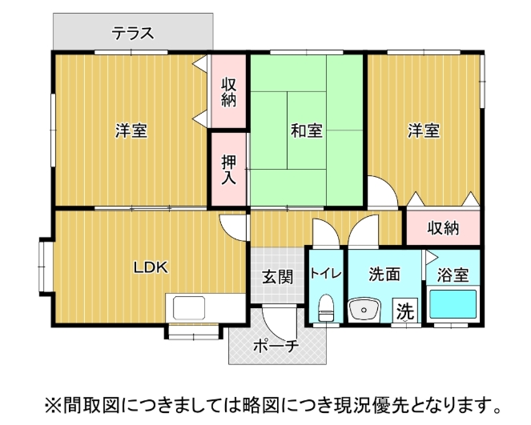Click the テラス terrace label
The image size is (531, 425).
(x=133, y=34)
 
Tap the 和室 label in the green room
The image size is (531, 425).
(x=307, y=130)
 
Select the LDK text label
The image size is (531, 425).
(x=151, y=267)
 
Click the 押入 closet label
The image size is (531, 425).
(x=229, y=170)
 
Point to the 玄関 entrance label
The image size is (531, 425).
(x=277, y=277)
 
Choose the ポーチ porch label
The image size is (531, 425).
(x=276, y=347)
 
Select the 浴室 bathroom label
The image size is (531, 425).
(x=453, y=275)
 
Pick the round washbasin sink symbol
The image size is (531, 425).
(x=368, y=309)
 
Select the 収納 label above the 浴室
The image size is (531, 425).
(x=442, y=228)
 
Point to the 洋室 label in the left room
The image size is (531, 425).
(x=131, y=130)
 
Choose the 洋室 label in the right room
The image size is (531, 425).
(x=423, y=130)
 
